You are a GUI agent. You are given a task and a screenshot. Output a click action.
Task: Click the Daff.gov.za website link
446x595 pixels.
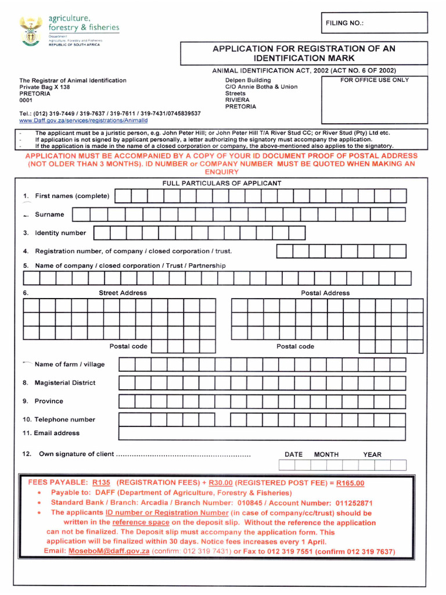click(84, 121)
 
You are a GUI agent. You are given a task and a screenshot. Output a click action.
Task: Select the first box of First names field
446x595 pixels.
click(123, 196)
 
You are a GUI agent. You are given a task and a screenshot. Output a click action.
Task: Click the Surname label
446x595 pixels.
click(49, 214)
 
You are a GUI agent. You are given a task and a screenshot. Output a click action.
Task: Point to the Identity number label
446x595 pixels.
click(60, 233)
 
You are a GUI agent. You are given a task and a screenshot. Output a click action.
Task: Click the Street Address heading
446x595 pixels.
click(123, 293)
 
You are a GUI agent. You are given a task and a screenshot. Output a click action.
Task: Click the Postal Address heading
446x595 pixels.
click(325, 293)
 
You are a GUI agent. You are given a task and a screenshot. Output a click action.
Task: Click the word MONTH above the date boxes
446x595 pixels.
click(326, 454)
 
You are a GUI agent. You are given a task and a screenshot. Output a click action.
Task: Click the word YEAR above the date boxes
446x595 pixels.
click(372, 454)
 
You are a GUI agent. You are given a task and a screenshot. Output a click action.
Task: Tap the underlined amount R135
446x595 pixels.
click(100, 482)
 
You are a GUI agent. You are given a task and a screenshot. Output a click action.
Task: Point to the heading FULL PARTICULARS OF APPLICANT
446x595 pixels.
click(222, 183)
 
